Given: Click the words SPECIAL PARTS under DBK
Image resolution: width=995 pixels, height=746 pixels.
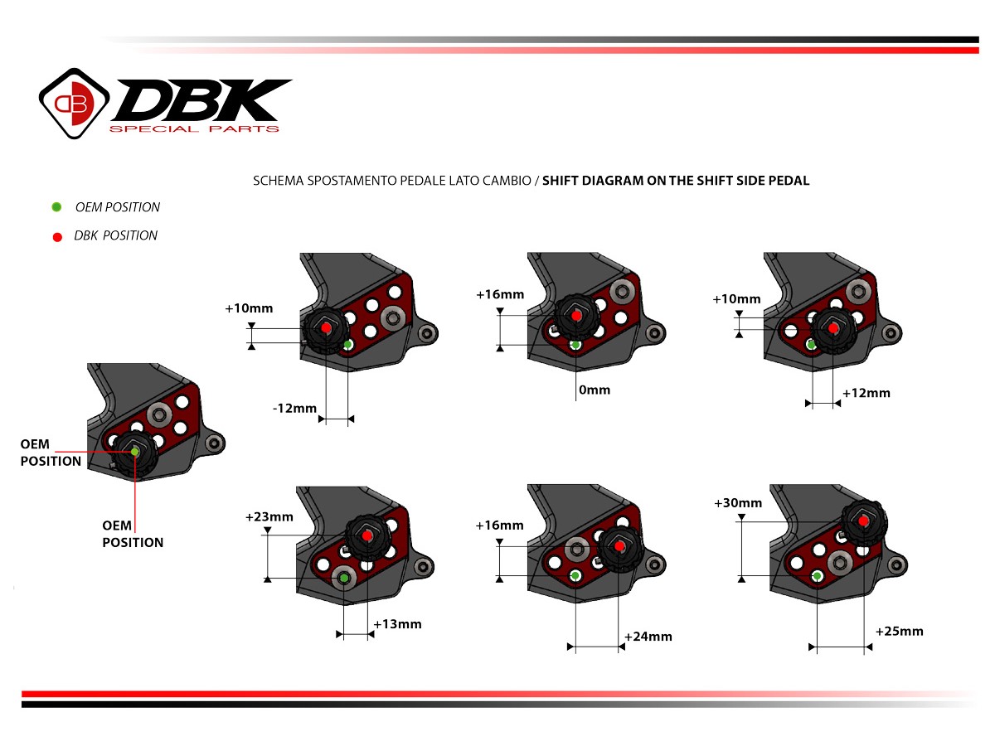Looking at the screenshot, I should (x=195, y=128).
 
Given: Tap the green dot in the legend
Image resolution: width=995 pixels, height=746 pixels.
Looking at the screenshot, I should (x=56, y=207).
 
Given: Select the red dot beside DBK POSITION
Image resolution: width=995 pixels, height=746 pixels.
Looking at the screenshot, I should (x=56, y=236).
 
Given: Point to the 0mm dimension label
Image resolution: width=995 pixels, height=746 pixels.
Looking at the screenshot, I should (x=593, y=389).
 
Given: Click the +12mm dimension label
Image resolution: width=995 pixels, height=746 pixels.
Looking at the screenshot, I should (x=866, y=392).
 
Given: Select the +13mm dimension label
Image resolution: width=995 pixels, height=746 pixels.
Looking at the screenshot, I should (x=397, y=623).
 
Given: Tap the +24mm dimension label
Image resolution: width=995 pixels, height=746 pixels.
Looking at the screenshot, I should (x=648, y=636).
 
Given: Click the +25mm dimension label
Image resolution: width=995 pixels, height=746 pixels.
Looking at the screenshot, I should (x=899, y=631).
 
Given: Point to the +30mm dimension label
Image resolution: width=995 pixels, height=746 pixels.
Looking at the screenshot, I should (x=737, y=502).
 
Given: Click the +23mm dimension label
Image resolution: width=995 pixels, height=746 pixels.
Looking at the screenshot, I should (x=269, y=516).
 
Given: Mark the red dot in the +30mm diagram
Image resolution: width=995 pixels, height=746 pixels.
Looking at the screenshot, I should (x=864, y=521).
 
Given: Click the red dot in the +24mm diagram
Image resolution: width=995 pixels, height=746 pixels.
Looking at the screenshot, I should (x=619, y=545).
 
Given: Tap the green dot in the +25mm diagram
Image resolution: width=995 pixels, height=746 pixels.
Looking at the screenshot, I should (x=818, y=575).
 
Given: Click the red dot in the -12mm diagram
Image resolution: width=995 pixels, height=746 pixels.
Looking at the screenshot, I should (x=326, y=328).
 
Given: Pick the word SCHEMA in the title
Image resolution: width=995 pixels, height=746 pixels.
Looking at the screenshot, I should (x=275, y=180).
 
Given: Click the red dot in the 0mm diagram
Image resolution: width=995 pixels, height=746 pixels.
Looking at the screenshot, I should (x=576, y=315).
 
